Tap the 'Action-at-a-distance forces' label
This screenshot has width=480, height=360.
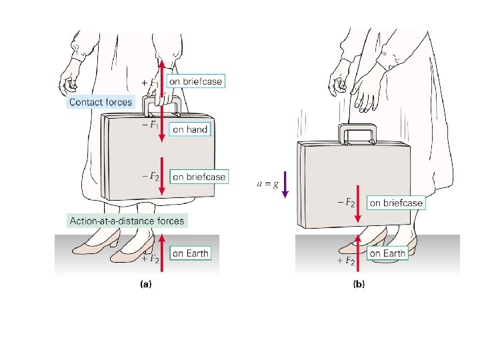(127, 220)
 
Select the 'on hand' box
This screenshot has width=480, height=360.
(190, 130)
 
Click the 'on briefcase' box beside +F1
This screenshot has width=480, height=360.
(195, 81)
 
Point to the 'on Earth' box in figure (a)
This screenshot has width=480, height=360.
(190, 253)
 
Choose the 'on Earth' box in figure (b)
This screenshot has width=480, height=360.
(387, 253)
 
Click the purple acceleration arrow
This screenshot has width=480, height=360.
(284, 184)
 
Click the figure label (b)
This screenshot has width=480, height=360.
(359, 284)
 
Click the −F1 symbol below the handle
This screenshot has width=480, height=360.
(150, 125)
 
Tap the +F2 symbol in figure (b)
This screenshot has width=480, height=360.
(345, 261)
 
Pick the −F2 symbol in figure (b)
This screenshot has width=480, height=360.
(345, 201)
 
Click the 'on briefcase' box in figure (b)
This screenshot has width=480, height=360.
(396, 203)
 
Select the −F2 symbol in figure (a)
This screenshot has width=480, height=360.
(150, 176)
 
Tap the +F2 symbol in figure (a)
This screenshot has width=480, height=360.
(149, 257)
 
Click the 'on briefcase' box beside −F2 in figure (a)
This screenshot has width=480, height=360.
(199, 177)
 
